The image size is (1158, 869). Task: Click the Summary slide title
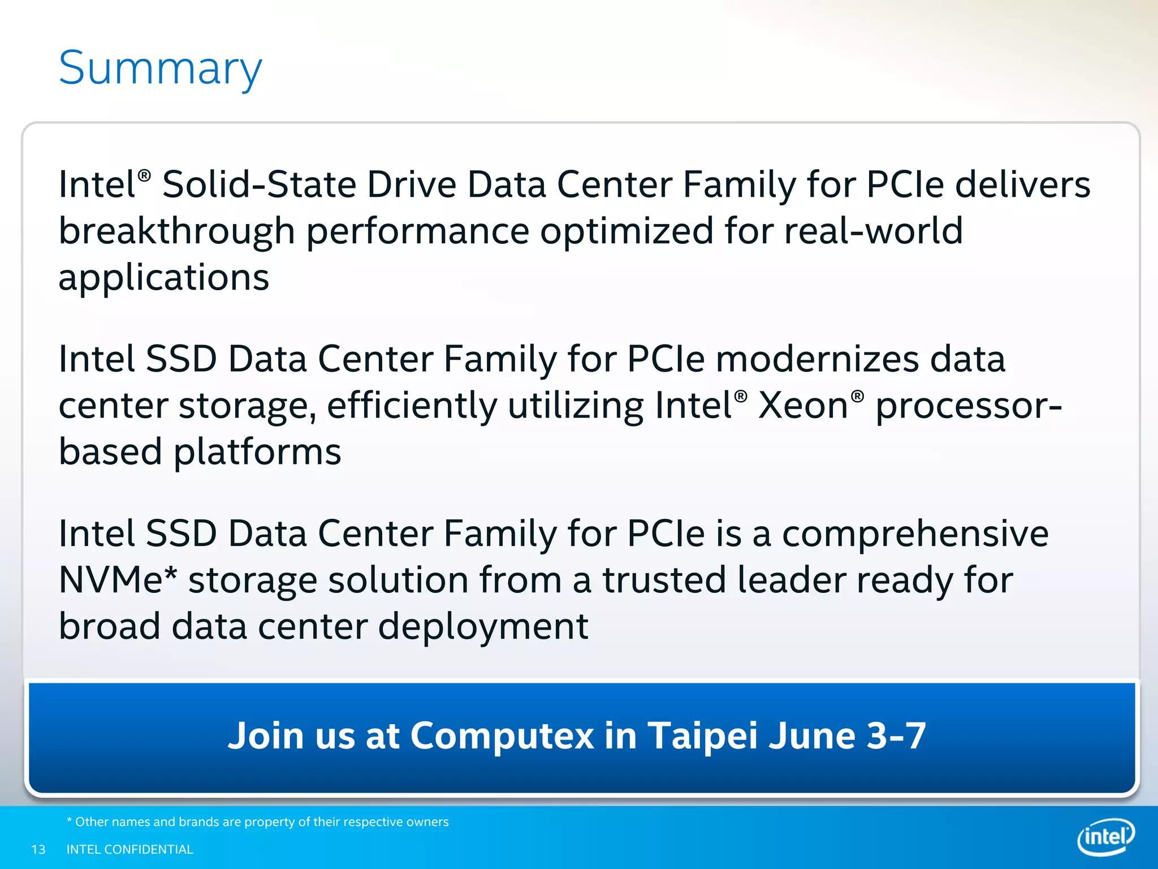(x=161, y=68)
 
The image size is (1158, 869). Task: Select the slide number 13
(x=38, y=849)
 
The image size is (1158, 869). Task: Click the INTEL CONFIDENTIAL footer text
(x=130, y=849)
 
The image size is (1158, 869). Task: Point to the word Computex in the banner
(x=502, y=735)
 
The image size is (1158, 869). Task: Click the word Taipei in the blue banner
(x=702, y=735)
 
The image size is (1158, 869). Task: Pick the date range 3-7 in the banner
(x=896, y=735)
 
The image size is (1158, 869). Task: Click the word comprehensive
(x=915, y=534)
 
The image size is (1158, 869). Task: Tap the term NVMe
(x=111, y=580)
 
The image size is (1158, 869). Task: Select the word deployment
(x=483, y=626)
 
